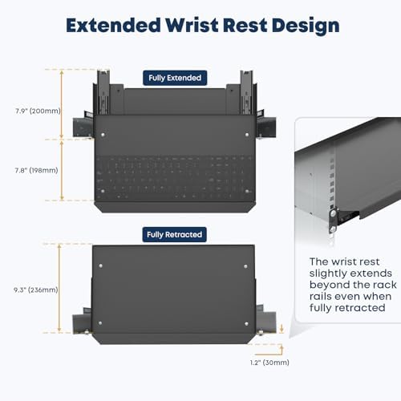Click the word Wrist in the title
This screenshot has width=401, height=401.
[x=192, y=26]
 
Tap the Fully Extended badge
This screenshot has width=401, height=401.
[x=175, y=78]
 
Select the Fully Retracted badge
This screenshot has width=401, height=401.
[x=174, y=234]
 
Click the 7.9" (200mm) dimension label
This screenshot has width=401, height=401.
[x=38, y=111]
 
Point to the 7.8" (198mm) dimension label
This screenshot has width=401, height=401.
[x=36, y=170]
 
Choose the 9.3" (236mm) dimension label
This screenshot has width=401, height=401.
[x=36, y=290]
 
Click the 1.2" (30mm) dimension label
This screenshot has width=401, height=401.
[x=269, y=363]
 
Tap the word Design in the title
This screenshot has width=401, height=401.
[x=306, y=26]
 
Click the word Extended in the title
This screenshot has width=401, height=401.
[x=113, y=26]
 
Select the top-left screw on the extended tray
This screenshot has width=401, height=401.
[x=103, y=135]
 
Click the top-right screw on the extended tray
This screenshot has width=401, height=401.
[x=247, y=135]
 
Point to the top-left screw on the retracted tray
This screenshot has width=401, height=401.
[x=101, y=266]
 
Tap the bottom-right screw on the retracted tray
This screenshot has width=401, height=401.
[x=246, y=324]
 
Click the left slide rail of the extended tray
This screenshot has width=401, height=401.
[x=103, y=92]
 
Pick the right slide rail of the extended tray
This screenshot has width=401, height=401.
[x=246, y=92]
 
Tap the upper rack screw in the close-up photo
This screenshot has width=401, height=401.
[x=333, y=213]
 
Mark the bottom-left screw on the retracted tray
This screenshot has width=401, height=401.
[x=100, y=323]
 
